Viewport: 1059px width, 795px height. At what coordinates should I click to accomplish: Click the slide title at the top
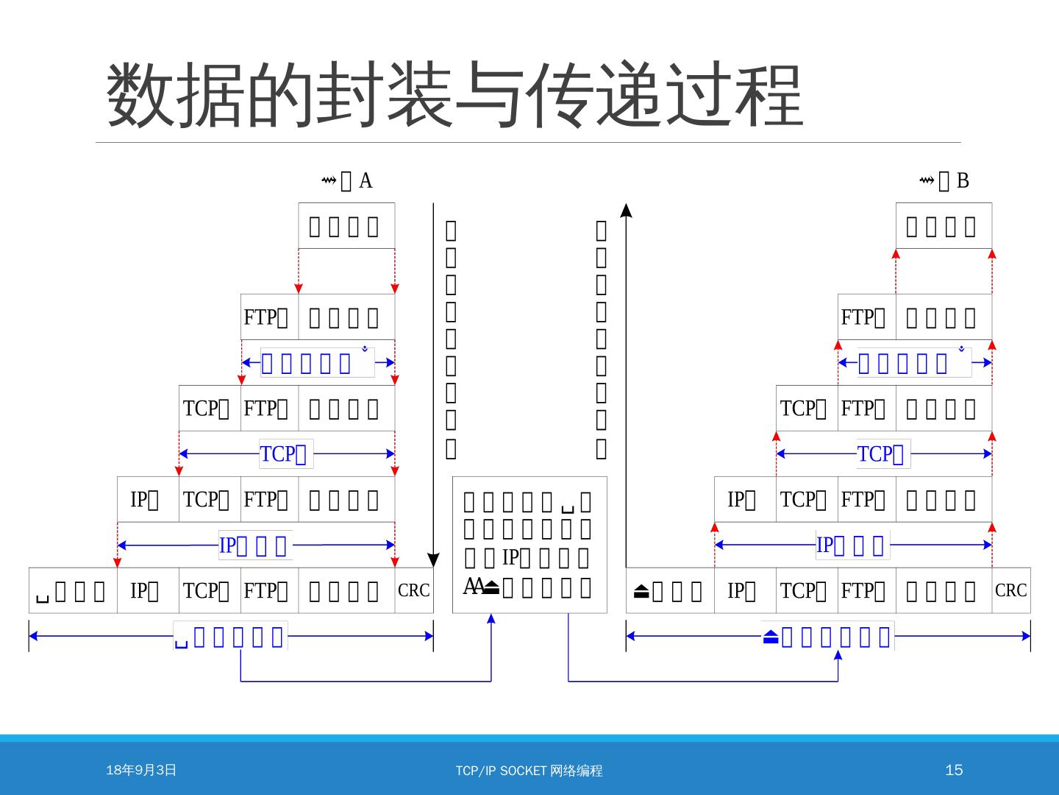tap(454, 96)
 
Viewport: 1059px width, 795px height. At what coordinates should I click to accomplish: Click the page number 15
tap(953, 770)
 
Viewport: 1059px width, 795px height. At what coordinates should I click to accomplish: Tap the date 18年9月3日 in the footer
tap(141, 770)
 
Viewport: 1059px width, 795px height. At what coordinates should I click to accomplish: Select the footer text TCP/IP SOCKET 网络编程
tap(529, 771)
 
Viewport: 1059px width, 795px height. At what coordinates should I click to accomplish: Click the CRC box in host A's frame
tap(414, 590)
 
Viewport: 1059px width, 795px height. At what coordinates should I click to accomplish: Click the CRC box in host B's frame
tap(1011, 590)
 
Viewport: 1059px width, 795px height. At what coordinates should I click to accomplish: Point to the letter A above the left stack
tap(366, 180)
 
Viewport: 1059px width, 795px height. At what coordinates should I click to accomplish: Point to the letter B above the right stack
tap(963, 180)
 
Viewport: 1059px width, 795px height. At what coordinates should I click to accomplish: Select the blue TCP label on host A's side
tap(286, 454)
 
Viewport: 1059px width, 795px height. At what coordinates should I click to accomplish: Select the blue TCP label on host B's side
tap(883, 454)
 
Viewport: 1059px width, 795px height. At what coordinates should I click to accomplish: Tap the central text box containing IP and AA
tap(529, 545)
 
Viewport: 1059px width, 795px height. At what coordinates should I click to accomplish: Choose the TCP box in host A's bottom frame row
tap(210, 590)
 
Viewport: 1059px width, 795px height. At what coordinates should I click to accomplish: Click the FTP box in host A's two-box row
tap(269, 317)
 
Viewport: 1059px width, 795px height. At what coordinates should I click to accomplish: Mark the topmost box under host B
tap(944, 226)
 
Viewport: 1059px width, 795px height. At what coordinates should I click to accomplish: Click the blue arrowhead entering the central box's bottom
tap(491, 619)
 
